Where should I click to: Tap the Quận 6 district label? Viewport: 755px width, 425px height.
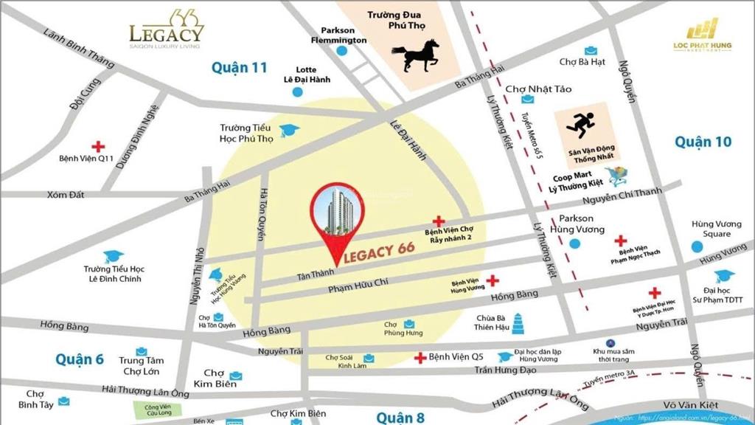pyautogui.click(x=79, y=359)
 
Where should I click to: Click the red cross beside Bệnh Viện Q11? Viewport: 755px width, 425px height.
pyautogui.click(x=97, y=146)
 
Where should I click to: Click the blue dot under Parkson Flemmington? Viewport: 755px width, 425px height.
pyautogui.click(x=341, y=51)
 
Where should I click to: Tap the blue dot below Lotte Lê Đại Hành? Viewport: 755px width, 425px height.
pyautogui.click(x=297, y=92)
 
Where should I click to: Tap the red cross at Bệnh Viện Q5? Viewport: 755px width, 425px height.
pyautogui.click(x=420, y=359)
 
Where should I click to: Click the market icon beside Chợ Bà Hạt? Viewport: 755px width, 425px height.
pyautogui.click(x=591, y=51)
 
